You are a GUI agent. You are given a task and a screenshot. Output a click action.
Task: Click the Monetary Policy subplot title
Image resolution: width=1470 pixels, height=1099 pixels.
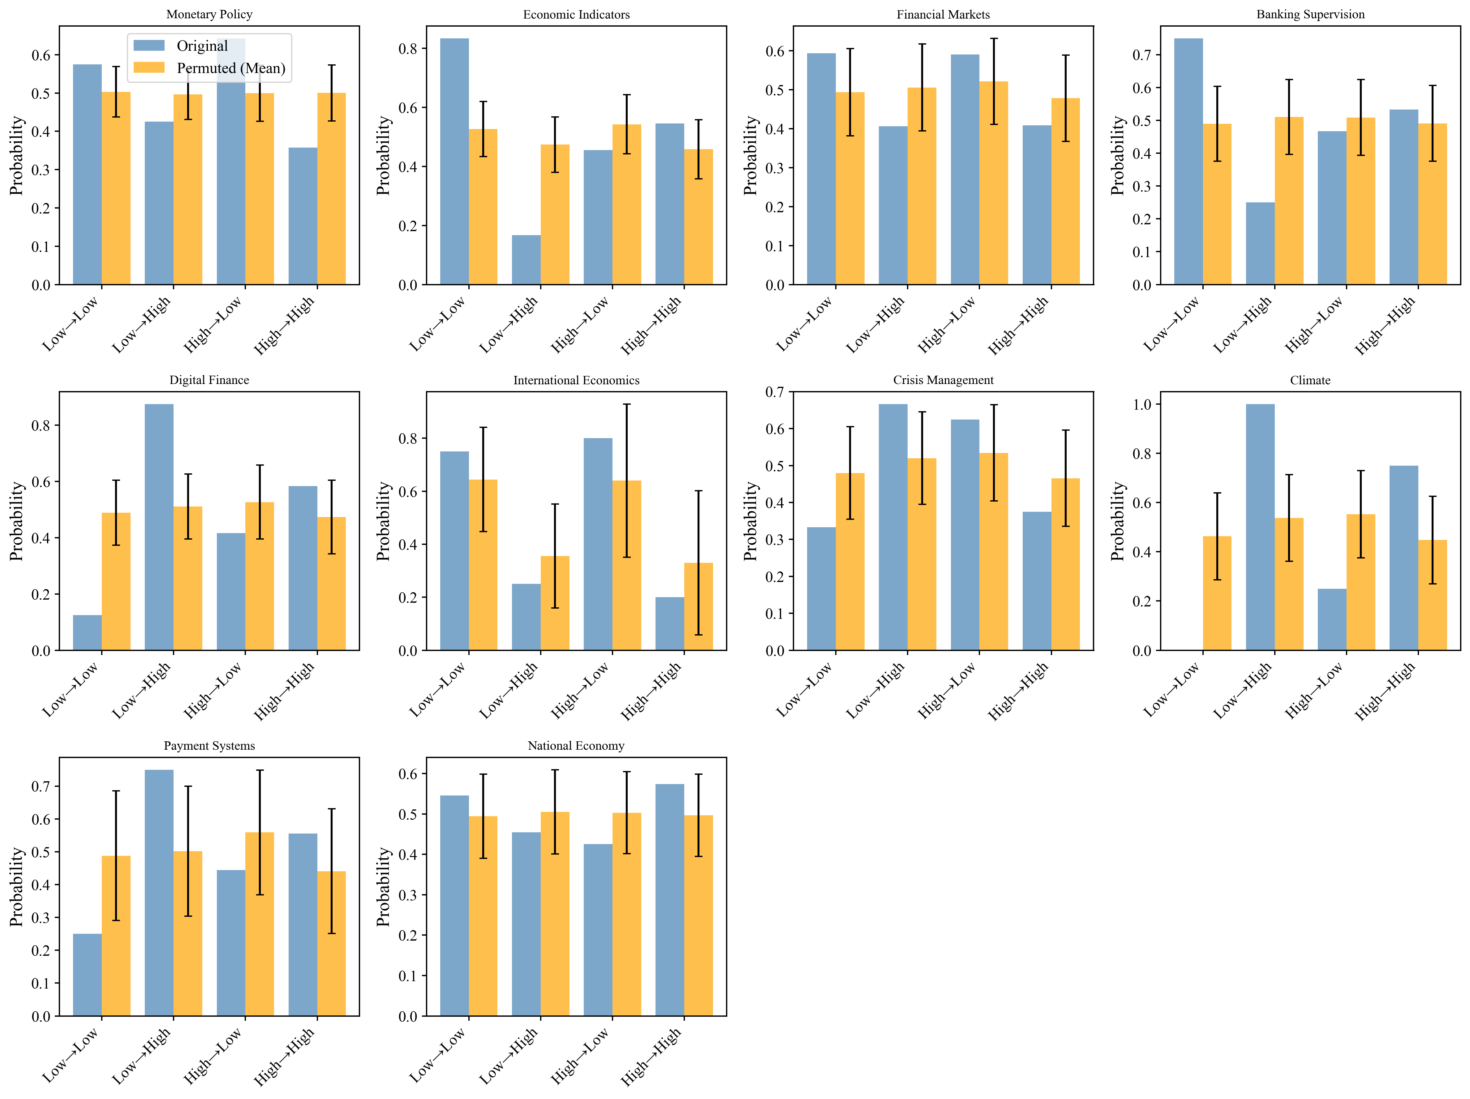pyautogui.click(x=209, y=14)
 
